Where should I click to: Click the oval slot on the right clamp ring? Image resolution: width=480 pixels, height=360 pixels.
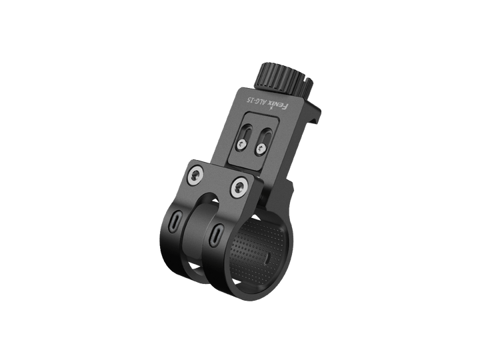[217, 234]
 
